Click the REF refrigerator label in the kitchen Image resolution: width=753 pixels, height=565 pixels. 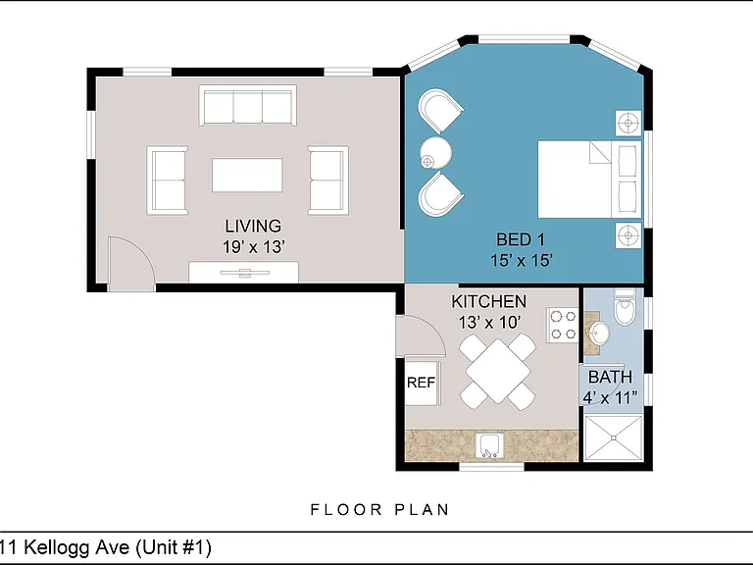point(421,383)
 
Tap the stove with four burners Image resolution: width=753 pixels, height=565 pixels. point(563,325)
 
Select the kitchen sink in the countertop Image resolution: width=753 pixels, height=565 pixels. point(489,446)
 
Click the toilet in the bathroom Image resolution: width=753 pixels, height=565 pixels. point(625,307)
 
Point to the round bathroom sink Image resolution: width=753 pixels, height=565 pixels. point(598,333)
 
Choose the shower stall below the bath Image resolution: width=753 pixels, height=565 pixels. point(613,437)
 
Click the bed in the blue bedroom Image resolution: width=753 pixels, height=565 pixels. point(589,180)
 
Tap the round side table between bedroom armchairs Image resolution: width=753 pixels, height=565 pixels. point(435,153)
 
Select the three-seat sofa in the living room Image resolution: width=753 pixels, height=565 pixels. point(247,105)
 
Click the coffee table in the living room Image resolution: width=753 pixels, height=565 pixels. point(247,176)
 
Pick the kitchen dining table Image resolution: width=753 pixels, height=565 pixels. point(497,372)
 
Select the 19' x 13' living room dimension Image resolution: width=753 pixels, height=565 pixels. point(254,247)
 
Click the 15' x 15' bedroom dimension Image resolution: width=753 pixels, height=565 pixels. point(521,260)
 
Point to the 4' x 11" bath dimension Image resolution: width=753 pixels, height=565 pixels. point(611,398)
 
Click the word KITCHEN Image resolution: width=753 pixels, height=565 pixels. point(489,301)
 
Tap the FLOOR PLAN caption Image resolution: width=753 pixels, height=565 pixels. point(379,509)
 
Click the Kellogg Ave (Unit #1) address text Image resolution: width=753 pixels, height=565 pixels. point(118,547)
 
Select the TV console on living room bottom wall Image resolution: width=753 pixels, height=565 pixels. point(243,272)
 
